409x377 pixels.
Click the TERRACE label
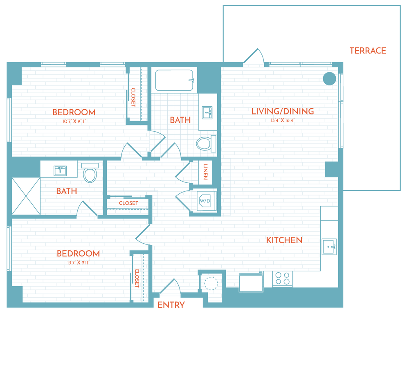(x=368, y=51)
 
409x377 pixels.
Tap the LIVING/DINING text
(x=283, y=111)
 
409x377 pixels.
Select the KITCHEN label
(x=284, y=240)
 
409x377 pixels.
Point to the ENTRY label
(x=171, y=305)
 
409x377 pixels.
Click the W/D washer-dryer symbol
(x=204, y=201)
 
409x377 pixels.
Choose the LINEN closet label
(x=205, y=172)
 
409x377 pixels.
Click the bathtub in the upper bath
(x=174, y=81)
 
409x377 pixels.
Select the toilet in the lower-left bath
(x=90, y=173)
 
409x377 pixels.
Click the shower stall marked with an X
(x=26, y=196)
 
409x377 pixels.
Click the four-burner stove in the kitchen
(x=282, y=278)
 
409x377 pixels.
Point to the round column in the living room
(x=329, y=79)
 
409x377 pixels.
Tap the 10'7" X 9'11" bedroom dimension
(x=74, y=121)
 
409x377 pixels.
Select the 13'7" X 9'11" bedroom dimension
(x=78, y=263)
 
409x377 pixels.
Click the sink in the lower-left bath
(x=60, y=171)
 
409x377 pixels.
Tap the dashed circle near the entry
(x=211, y=283)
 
